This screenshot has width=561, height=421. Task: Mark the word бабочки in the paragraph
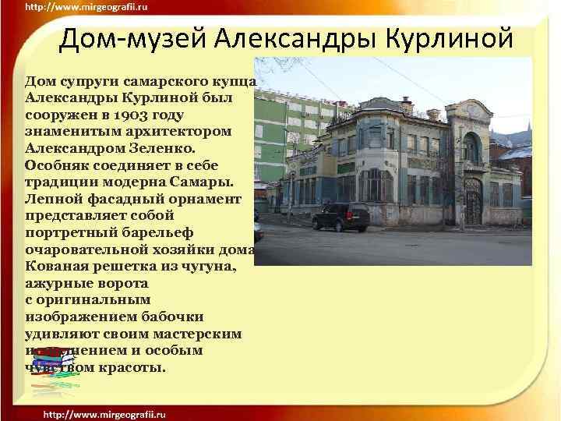168,317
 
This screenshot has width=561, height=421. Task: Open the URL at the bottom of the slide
104,412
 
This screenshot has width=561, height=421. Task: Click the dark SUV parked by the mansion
340,216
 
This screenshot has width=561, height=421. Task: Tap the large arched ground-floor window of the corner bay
375,185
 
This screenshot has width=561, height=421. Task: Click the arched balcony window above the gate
471,148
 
